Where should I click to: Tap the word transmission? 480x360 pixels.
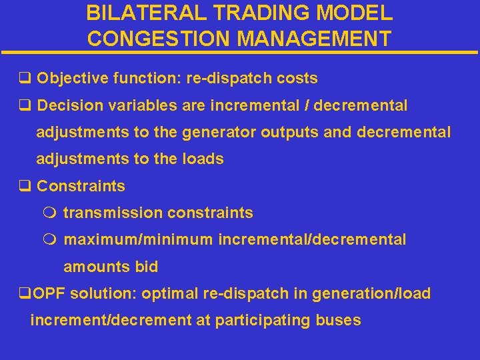(113, 213)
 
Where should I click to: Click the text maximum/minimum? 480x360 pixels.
(138, 239)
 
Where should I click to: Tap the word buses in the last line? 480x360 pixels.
(340, 320)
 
